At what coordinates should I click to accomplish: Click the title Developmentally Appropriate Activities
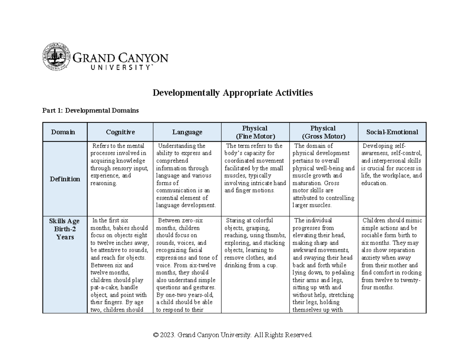(232, 93)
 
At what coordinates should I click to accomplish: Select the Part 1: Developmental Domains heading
(90, 111)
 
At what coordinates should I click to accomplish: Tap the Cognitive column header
(120, 132)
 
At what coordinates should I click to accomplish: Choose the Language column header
(187, 132)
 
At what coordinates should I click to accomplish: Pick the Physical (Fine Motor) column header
(255, 132)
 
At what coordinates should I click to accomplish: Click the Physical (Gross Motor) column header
(323, 132)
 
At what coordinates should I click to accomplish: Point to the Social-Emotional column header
(392, 132)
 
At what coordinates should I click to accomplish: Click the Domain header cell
(64, 132)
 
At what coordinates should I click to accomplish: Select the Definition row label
(64, 179)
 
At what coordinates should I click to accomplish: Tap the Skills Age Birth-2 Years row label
(64, 229)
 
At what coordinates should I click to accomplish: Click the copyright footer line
(233, 335)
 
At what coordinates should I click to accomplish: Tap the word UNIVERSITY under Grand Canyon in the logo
(111, 67)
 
